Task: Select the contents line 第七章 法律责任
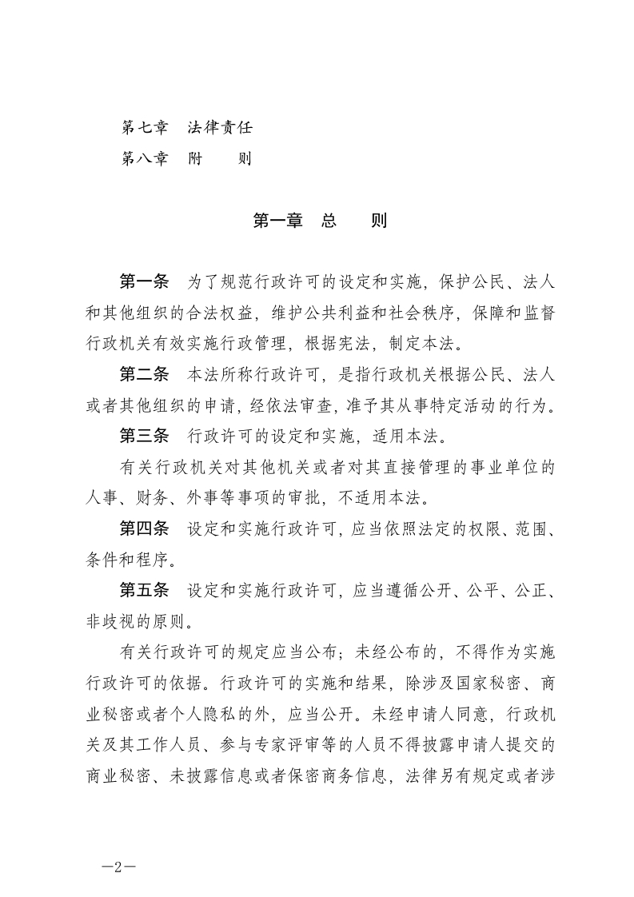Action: (186, 127)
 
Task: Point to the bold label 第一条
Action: (144, 282)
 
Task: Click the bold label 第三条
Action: (144, 436)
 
